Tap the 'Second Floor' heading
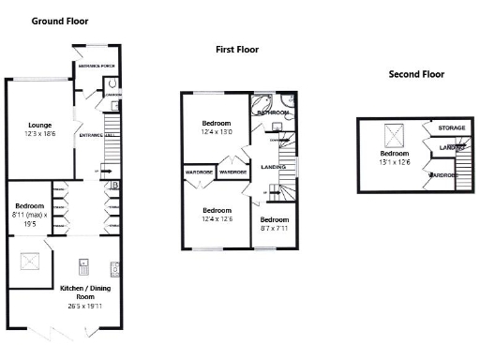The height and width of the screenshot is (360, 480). coord(416,74)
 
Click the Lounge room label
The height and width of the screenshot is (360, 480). coord(38,125)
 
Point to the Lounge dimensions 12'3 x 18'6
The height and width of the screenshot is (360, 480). coord(38,134)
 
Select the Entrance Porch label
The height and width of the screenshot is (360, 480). coord(96,67)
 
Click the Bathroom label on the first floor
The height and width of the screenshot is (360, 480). coord(273,112)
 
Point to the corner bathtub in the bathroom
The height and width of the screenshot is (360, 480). coord(262,102)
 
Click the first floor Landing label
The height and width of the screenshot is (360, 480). coord(274,167)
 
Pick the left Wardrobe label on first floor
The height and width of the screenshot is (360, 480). coord(199,172)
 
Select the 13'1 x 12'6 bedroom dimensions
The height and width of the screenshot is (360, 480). coord(396,160)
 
